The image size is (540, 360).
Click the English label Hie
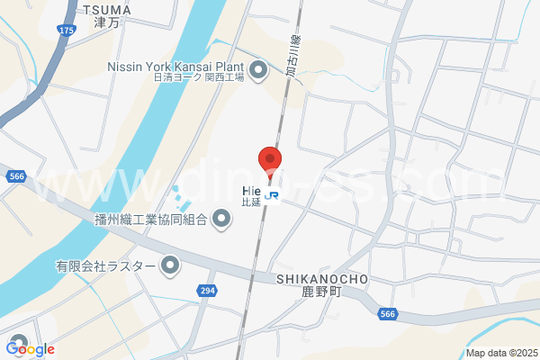tap(251, 190)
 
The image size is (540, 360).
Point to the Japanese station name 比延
tap(250, 202)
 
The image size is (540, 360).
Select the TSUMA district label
tap(106, 10)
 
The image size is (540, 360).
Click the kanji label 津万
tap(106, 23)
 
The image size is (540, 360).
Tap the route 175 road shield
tap(67, 30)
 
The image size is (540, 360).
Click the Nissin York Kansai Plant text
tap(176, 66)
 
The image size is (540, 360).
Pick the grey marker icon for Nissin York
tap(259, 70)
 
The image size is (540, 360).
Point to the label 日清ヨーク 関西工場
tap(198, 78)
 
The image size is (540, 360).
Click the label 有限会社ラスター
tap(106, 265)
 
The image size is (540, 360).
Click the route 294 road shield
tap(207, 291)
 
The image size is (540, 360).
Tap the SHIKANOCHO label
tap(320, 280)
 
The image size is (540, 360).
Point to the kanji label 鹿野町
tap(320, 293)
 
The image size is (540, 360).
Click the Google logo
tap(30, 349)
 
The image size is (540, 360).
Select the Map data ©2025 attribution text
tap(500, 353)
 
